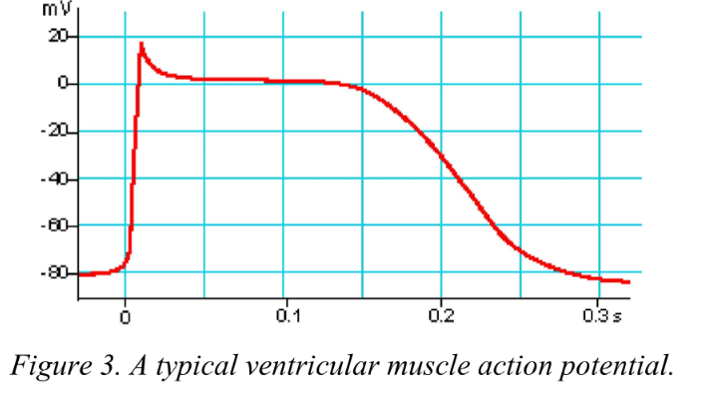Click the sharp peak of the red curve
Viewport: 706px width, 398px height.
click(142, 44)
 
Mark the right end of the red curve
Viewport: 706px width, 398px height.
click(629, 282)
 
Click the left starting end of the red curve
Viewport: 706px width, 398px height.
click(79, 274)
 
